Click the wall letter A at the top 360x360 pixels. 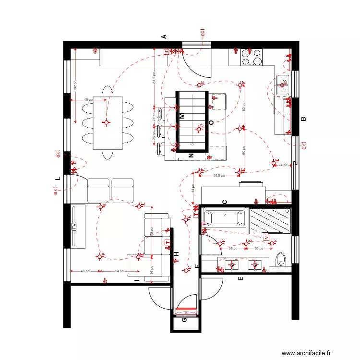[x=163, y=36]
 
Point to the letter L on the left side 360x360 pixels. [x=58, y=178]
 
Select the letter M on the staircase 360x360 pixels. [x=182, y=116]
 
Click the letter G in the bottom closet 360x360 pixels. [x=185, y=320]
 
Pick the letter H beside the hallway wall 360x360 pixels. [x=176, y=254]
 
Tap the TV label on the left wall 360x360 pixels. [x=74, y=227]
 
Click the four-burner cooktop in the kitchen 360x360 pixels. [x=252, y=57]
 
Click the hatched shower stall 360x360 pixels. [x=270, y=221]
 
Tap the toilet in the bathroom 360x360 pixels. [x=281, y=260]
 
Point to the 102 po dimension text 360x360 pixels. [x=75, y=85]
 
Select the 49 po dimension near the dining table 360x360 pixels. [x=88, y=100]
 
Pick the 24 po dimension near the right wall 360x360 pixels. [x=283, y=165]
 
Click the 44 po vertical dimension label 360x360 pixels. [x=192, y=189]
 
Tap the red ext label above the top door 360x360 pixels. [x=203, y=33]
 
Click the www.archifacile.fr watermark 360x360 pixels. [x=306, y=353]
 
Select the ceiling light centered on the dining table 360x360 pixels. [x=107, y=122]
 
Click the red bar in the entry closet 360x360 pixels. [x=186, y=309]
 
